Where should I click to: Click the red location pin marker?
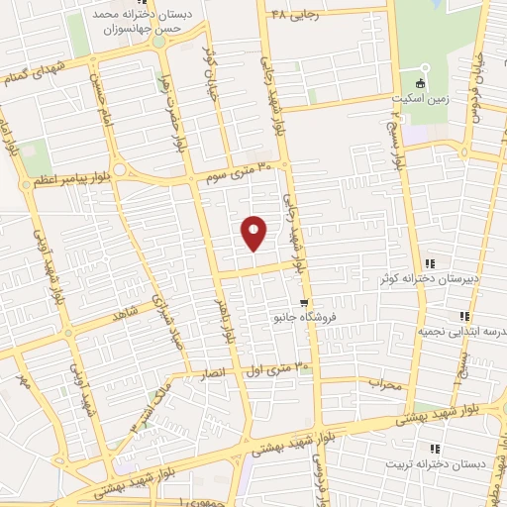[254, 233]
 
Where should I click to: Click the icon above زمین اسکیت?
[421, 83]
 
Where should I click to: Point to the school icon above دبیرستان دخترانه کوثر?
[430, 263]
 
